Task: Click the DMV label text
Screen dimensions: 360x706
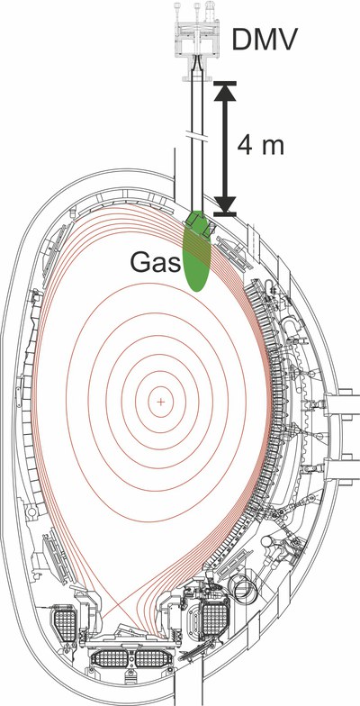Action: (x=265, y=39)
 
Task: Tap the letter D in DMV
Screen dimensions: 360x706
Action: (x=241, y=39)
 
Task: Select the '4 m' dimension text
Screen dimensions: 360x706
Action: (x=261, y=146)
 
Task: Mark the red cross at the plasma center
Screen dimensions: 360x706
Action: (x=160, y=402)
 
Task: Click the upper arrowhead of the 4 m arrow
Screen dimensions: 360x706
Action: (x=225, y=95)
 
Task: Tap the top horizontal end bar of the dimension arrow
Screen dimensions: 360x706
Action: (x=225, y=83)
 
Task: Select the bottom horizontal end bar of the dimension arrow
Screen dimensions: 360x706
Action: (x=225, y=213)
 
